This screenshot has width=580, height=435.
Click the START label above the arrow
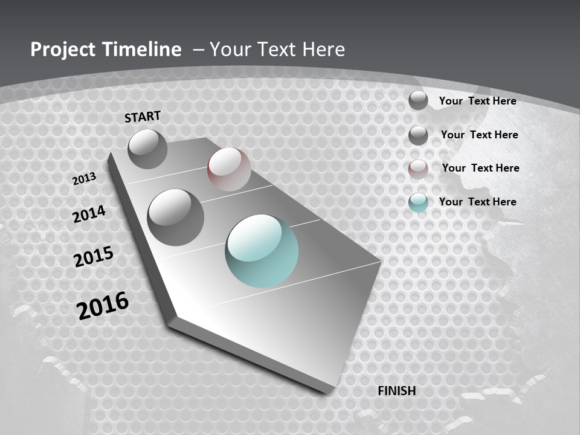pos(143,117)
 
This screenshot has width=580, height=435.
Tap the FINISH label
pos(397,391)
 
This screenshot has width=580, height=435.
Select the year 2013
pos(84,179)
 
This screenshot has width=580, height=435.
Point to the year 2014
pos(89,214)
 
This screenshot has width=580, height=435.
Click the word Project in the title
pos(63,50)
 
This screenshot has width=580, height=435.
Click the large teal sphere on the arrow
pos(262,251)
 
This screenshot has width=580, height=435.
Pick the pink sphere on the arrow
pos(229,169)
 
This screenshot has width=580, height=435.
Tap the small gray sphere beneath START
pos(147,149)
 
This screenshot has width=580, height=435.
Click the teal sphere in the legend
pos(418,202)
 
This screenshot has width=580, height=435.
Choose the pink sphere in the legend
pos(418,169)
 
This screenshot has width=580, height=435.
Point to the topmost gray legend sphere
pos(418,100)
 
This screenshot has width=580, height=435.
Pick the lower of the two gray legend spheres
pos(418,135)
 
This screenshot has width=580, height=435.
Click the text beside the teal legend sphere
pos(477,202)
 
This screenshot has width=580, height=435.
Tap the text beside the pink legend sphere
pos(480,168)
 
